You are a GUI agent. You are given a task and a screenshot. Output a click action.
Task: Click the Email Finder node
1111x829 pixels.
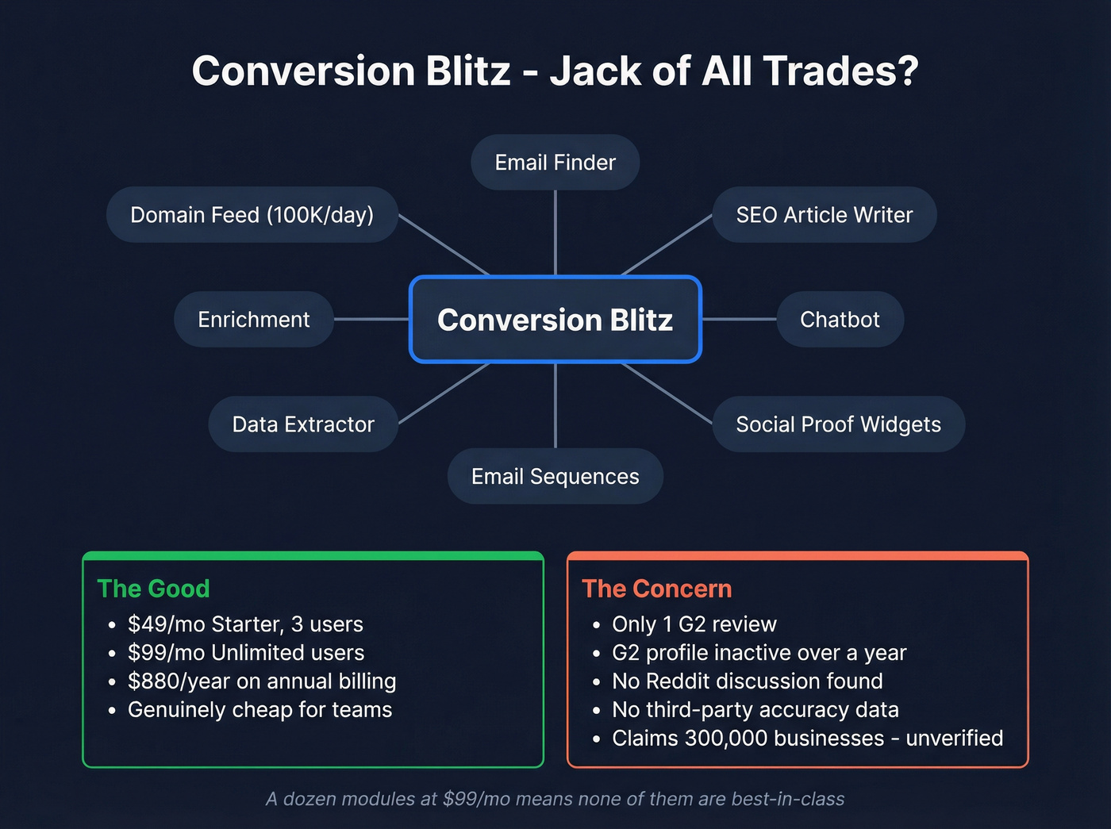click(555, 163)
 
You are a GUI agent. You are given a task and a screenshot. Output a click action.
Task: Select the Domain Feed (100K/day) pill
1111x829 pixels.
click(252, 215)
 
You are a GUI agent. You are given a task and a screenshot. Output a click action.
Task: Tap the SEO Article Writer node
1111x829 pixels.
click(824, 215)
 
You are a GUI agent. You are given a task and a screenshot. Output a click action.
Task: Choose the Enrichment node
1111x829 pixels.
click(254, 320)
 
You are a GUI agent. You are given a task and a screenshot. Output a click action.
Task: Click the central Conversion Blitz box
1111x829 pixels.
click(555, 320)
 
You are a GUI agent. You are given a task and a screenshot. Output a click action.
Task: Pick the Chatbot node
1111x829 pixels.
click(840, 320)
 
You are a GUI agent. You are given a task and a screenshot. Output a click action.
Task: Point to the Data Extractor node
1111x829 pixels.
click(302, 424)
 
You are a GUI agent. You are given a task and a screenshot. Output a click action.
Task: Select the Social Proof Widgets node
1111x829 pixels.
click(838, 424)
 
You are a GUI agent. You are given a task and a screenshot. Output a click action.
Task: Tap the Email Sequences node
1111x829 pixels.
click(555, 477)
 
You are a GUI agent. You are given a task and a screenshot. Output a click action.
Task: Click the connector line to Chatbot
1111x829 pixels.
click(739, 319)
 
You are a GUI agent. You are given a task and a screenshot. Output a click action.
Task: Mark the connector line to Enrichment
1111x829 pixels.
click(371, 319)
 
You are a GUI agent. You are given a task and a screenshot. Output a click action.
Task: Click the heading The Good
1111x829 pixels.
click(153, 589)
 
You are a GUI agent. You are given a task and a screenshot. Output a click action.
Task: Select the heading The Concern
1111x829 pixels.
click(656, 589)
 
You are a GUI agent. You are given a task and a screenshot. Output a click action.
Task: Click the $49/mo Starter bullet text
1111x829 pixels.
click(245, 624)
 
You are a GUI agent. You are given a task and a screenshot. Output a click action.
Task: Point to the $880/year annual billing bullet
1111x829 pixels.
click(262, 681)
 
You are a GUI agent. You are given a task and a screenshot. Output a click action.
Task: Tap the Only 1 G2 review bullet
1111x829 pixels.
click(694, 624)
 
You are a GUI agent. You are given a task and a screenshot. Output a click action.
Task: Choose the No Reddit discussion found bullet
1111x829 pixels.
click(747, 681)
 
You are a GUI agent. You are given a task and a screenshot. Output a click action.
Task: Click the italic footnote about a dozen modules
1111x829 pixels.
click(555, 799)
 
